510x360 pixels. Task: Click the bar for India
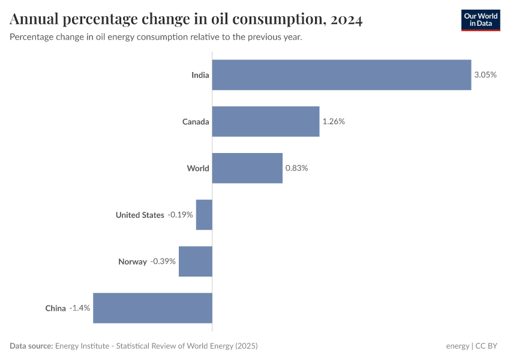341,75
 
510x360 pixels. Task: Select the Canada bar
266,122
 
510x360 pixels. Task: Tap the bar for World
247,168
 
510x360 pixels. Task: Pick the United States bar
204,215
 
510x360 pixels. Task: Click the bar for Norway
196,262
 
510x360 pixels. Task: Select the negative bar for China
152,308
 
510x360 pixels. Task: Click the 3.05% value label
485,75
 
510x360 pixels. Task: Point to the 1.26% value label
334,122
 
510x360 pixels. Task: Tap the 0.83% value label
296,168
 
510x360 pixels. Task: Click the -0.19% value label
180,215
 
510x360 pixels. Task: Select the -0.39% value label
163,262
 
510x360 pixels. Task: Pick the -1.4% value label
79,308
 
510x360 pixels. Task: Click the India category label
200,75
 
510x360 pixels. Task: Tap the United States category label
140,215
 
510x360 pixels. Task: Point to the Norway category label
133,262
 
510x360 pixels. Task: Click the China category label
55,308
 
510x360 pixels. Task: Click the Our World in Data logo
480,20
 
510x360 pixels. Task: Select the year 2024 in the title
346,20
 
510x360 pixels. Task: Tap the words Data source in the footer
31,346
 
